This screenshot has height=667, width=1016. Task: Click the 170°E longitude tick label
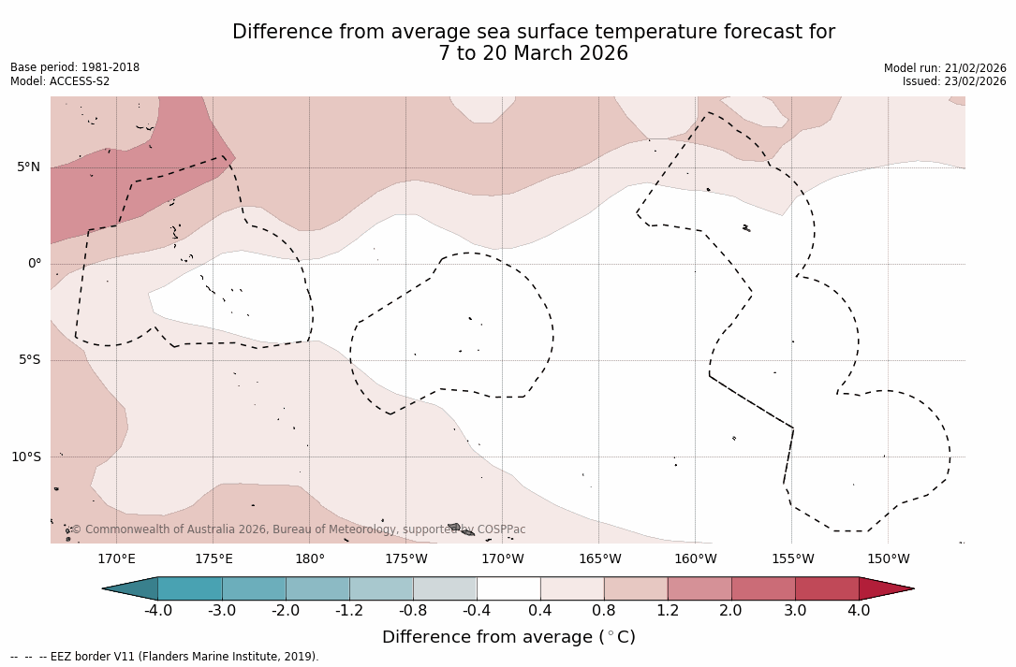(x=116, y=559)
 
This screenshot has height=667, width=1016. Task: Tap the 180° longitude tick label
(x=310, y=559)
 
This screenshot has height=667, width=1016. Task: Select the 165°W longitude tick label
(x=599, y=559)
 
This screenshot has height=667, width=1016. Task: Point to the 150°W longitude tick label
(x=888, y=559)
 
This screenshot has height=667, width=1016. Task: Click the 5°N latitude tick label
(x=28, y=167)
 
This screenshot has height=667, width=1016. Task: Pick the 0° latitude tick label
(x=35, y=264)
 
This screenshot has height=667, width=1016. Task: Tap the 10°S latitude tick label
(x=25, y=457)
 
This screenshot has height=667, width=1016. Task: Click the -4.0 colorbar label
(x=157, y=611)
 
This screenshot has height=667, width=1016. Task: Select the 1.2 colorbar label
(x=668, y=611)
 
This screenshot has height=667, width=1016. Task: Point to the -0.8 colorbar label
(x=412, y=611)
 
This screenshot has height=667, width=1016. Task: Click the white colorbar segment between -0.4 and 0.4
(x=508, y=588)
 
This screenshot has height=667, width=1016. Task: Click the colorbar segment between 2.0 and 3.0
(x=763, y=588)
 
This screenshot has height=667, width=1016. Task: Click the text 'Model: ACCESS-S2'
(x=60, y=81)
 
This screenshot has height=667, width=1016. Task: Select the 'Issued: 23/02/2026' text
(x=954, y=81)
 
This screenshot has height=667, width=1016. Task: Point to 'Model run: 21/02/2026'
(x=945, y=68)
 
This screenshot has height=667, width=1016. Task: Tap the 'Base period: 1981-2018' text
(x=75, y=68)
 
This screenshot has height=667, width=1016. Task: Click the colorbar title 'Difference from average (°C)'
(x=508, y=637)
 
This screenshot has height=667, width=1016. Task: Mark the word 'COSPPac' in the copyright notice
(x=501, y=529)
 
